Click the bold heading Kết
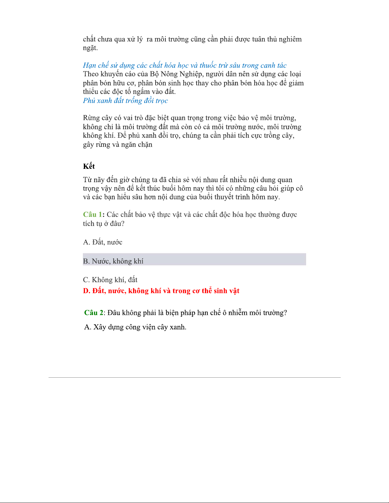(89, 166)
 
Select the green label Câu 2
(93, 313)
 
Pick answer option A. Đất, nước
(103, 242)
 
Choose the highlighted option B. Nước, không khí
(113, 261)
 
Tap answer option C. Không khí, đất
(110, 280)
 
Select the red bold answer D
(161, 291)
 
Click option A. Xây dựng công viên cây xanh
(135, 327)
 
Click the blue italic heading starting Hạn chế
(184, 65)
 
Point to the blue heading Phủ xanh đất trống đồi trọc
(125, 101)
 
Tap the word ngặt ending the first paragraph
(90, 48)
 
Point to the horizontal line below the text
(194, 377)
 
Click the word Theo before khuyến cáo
(91, 74)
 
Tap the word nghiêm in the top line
(290, 39)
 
